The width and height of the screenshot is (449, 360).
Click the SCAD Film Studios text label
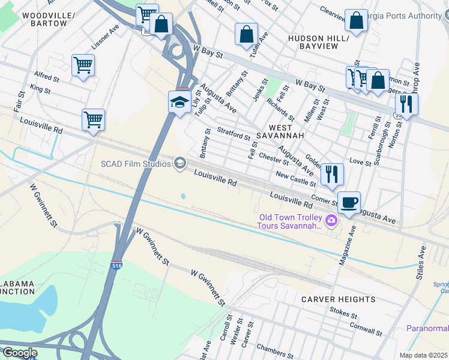136,163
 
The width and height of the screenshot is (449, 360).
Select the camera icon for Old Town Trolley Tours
331,221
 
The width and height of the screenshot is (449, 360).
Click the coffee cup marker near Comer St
349,202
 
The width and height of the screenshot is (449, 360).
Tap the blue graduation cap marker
179,101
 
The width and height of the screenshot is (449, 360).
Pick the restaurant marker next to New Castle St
332,174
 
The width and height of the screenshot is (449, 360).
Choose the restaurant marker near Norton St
407,104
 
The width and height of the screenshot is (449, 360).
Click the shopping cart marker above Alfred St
83,65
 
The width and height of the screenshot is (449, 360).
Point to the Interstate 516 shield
118,265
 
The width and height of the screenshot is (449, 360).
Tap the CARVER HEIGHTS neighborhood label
338,299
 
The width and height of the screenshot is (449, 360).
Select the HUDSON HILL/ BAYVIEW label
318,43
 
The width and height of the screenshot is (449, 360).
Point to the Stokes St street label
343,313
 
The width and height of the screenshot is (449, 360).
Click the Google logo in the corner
20,353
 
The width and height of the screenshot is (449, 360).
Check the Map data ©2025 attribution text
423,355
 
